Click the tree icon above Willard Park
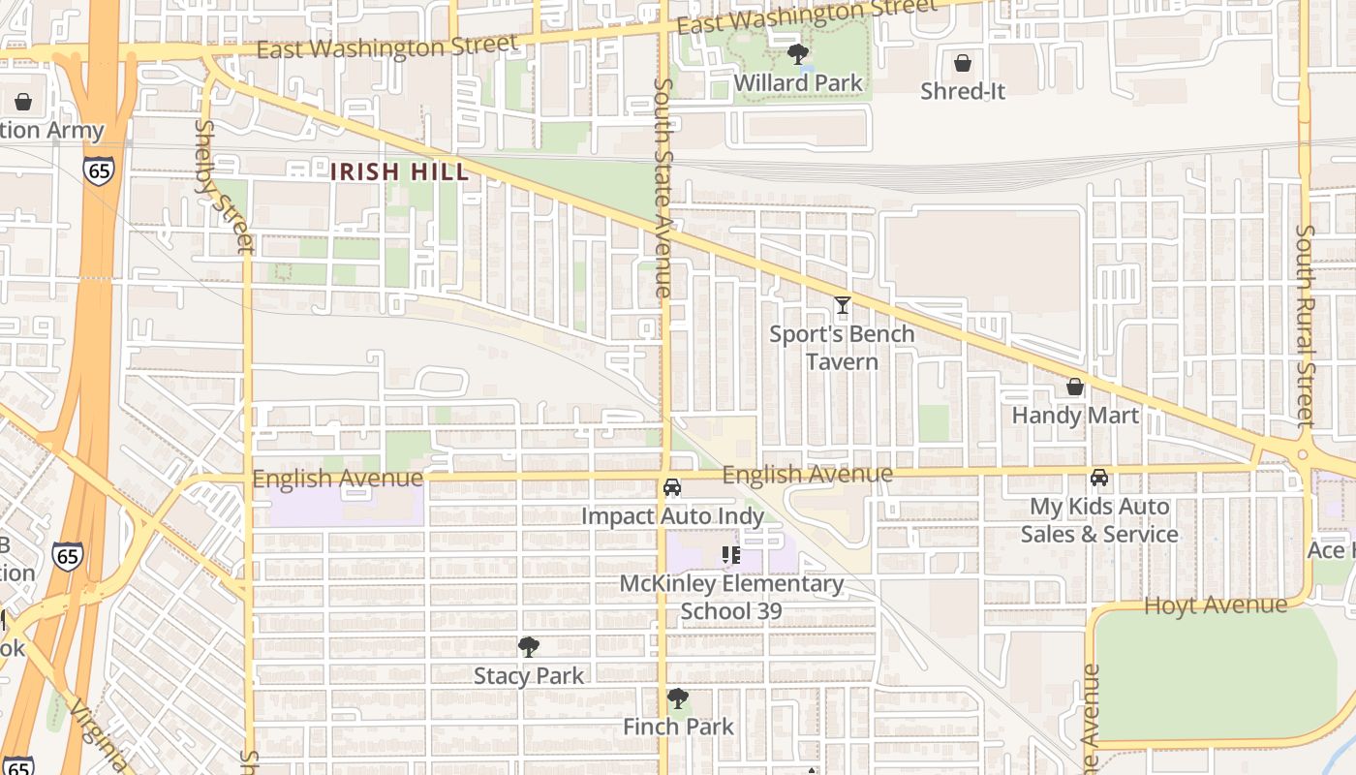797,54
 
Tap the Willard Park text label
797,83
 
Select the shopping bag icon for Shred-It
963,64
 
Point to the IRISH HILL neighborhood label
400,172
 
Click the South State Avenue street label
663,187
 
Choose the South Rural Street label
1306,325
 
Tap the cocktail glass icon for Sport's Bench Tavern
842,306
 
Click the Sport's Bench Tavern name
842,348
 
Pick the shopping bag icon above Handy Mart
1074,387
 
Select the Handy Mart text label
1075,416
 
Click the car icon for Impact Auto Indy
672,487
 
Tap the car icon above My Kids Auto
1099,478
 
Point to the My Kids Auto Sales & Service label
1099,520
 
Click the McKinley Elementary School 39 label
731,597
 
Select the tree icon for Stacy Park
529,646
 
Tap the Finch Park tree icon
678,698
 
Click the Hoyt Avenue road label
1216,605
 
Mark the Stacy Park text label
529,676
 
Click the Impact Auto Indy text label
672,516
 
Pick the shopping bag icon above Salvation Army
23,102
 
